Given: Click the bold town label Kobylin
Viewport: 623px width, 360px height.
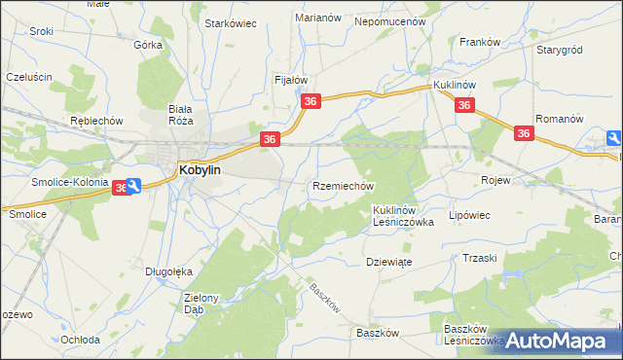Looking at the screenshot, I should [x=200, y=169].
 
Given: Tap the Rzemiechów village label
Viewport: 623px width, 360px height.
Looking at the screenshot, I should [x=343, y=185].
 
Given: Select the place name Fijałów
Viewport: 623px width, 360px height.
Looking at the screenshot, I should [x=291, y=80].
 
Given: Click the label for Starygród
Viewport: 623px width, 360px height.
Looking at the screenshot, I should [x=559, y=48].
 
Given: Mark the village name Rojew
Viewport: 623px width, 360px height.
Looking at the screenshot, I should [x=496, y=180].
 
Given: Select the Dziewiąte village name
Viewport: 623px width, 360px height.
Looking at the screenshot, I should [x=391, y=261].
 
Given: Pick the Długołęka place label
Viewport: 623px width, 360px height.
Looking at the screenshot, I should [x=165, y=271].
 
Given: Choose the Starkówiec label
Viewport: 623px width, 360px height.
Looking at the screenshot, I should [x=230, y=23].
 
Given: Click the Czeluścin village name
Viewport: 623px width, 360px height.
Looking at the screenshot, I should [x=28, y=76].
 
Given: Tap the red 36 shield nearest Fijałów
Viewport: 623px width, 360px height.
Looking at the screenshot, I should [x=311, y=101].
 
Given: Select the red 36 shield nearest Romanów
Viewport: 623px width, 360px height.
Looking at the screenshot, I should [x=524, y=134].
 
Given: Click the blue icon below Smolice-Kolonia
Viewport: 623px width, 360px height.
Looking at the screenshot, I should [x=133, y=186].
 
